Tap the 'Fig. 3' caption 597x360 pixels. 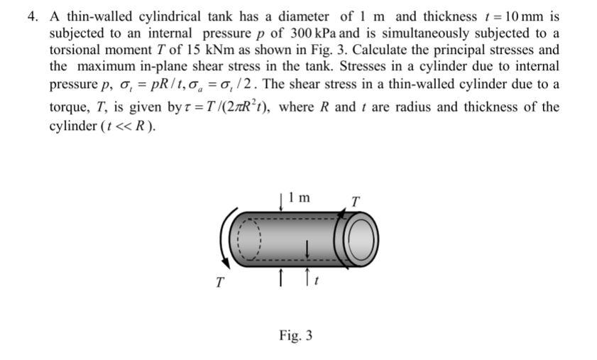296,334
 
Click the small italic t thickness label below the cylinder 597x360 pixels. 315,282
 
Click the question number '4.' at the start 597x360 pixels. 33,16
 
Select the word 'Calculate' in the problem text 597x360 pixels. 388,50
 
